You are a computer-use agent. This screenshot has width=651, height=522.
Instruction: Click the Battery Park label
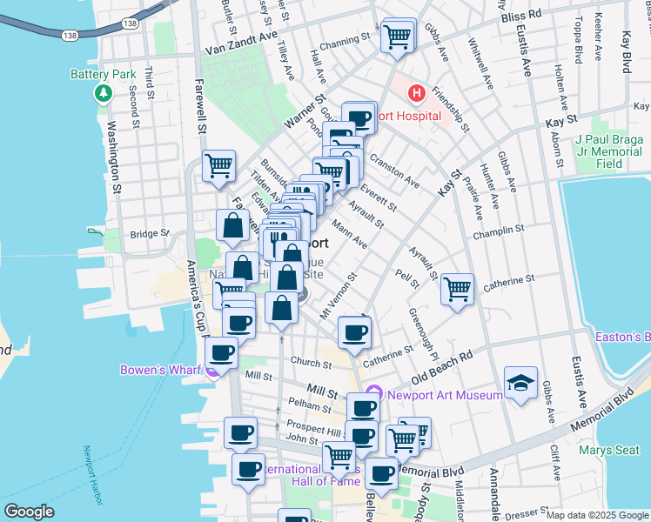click(x=101, y=75)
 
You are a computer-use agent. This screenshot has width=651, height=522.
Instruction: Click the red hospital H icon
click(x=418, y=92)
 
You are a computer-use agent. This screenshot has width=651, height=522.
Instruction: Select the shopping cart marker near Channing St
click(x=397, y=37)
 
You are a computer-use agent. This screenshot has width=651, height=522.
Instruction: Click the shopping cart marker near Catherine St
click(x=457, y=289)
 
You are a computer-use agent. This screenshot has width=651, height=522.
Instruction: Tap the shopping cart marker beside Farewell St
click(x=218, y=164)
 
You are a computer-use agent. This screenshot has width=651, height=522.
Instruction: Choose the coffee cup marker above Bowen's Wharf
click(x=222, y=352)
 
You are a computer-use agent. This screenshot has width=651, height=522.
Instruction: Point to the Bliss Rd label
click(x=521, y=16)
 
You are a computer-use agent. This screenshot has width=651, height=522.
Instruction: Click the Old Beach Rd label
click(x=442, y=369)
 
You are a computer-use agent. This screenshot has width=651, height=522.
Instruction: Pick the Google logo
click(x=29, y=512)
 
